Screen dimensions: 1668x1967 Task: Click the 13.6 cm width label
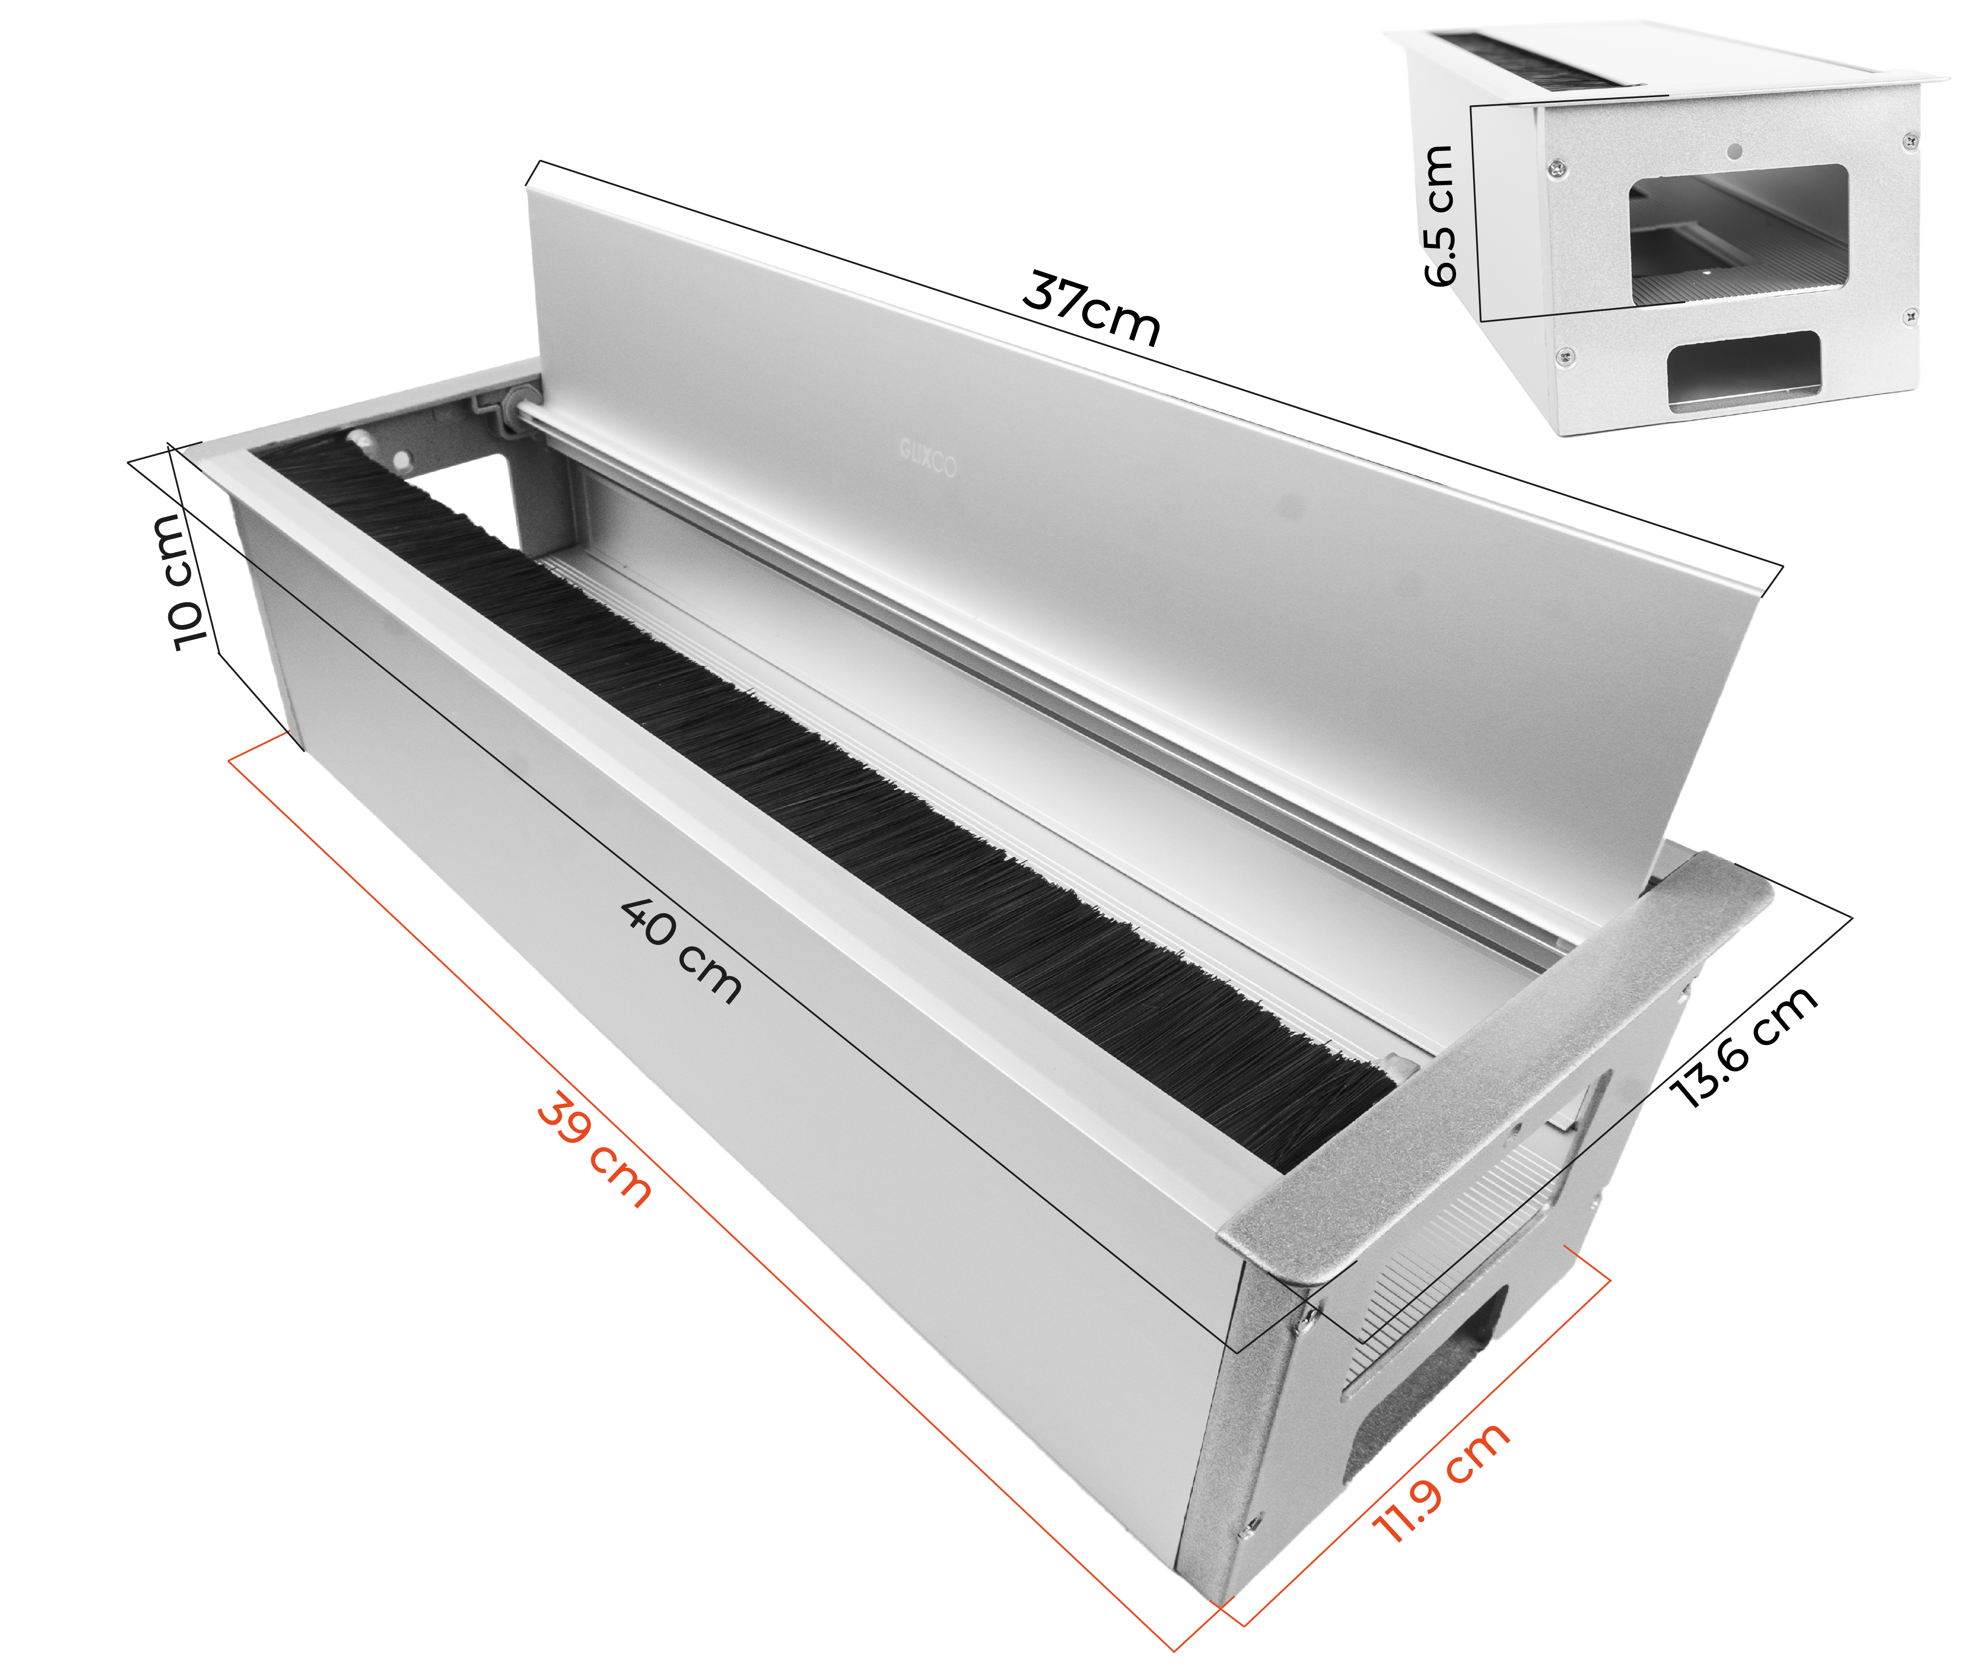(x=1743, y=1045)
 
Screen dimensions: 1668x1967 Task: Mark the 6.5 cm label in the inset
(x=1439, y=216)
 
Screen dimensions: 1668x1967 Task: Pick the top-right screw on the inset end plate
(x=1910, y=141)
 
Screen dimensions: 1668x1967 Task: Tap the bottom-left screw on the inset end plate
(x=1566, y=357)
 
